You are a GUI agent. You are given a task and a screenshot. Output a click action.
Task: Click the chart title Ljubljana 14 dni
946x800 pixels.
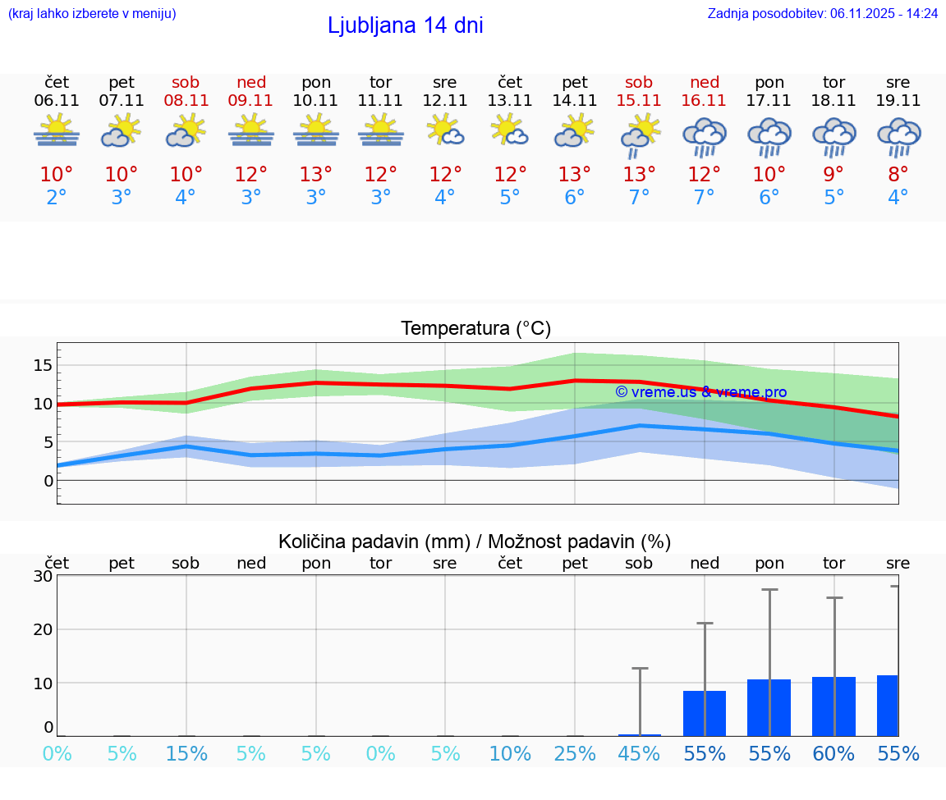pos(405,25)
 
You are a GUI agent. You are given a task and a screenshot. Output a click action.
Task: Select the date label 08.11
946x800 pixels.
pos(186,101)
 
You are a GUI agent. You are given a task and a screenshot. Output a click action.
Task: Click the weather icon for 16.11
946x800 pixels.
pos(704,136)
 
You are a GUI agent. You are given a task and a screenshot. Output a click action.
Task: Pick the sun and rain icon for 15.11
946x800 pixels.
pos(639,136)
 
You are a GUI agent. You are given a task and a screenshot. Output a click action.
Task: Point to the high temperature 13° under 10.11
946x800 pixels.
pos(315,175)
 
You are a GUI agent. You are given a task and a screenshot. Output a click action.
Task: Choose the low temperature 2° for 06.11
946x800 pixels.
pos(57,198)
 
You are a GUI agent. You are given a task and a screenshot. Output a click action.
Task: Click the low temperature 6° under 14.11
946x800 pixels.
pos(574,198)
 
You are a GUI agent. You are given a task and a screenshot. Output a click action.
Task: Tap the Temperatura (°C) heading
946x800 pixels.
pos(475,329)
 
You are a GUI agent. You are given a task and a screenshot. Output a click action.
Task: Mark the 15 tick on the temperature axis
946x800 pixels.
pos(44,365)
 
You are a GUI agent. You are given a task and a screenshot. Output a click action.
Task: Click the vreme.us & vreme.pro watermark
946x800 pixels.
pos(700,392)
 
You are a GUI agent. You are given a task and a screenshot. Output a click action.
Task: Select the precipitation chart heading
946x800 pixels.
pos(475,542)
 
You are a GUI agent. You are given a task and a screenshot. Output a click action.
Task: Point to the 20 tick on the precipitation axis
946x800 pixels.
pos(44,629)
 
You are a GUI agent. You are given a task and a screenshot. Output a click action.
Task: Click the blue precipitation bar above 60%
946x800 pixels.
pos(833,706)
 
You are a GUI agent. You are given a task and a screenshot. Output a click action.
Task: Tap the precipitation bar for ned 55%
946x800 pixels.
pos(704,713)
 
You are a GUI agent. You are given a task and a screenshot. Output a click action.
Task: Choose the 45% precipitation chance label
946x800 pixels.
pos(639,753)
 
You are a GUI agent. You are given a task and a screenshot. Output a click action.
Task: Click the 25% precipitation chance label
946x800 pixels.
pos(574,753)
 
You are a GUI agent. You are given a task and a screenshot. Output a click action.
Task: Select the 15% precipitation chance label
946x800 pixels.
pos(186,753)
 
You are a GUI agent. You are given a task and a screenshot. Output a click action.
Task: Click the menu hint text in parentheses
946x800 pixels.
pos(92,13)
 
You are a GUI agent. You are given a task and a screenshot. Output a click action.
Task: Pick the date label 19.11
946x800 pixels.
pos(898,101)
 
